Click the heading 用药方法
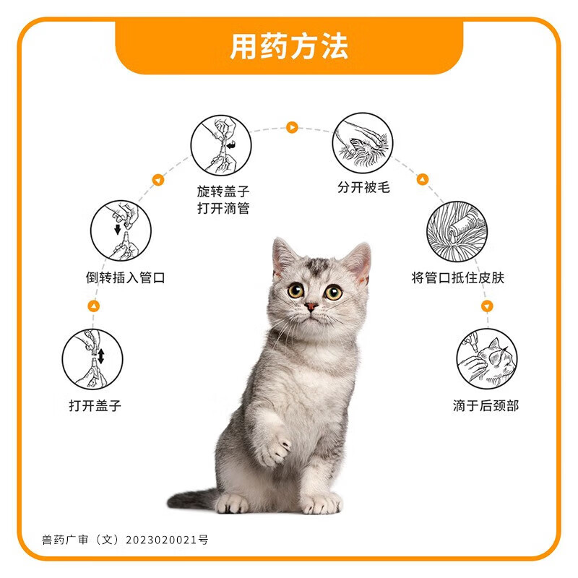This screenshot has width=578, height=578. pyautogui.click(x=289, y=47)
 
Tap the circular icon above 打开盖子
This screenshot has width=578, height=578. pyautogui.click(x=92, y=358)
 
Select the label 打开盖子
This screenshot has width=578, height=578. pyautogui.click(x=95, y=405)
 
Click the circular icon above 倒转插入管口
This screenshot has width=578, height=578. pyautogui.click(x=121, y=231)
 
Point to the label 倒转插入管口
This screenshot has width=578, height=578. pyautogui.click(x=125, y=277)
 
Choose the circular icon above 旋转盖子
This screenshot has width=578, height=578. pyautogui.click(x=221, y=145)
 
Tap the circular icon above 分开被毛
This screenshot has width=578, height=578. pyautogui.click(x=363, y=142)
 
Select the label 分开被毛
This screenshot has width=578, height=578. pyautogui.click(x=363, y=187)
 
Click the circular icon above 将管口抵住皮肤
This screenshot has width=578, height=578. pyautogui.click(x=457, y=231)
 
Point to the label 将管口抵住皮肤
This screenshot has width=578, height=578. pyautogui.click(x=457, y=277)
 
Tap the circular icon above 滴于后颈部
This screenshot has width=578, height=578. pyautogui.click(x=486, y=359)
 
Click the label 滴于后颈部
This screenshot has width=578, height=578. pyautogui.click(x=486, y=405)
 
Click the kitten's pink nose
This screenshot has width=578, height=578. pyautogui.click(x=311, y=306)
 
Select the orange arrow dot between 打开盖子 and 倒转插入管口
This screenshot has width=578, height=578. pyautogui.click(x=93, y=306)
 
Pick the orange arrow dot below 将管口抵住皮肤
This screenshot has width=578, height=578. pyautogui.click(x=486, y=306)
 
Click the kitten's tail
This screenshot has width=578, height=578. pyautogui.click(x=189, y=499)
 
